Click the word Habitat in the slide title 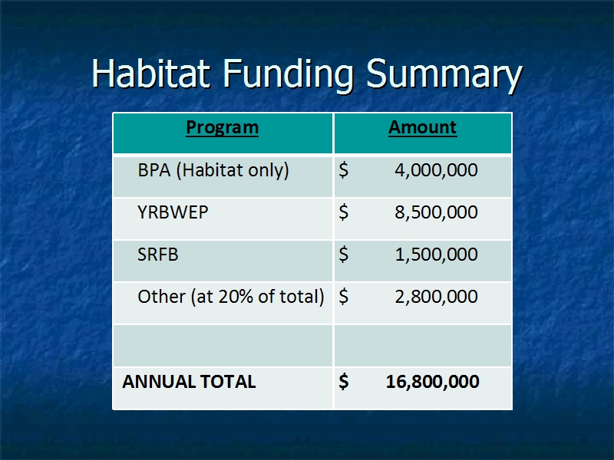click(x=150, y=73)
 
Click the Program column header click(x=222, y=127)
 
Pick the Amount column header click(x=423, y=127)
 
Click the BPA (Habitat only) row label click(x=213, y=170)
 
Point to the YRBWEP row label click(x=173, y=212)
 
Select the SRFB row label click(x=158, y=255)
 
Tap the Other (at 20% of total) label click(x=231, y=297)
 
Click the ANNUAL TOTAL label click(x=189, y=381)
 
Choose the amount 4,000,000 click(x=436, y=170)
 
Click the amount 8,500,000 click(x=436, y=212)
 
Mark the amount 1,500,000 click(x=436, y=255)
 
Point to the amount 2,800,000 click(x=436, y=297)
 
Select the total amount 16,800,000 click(x=433, y=382)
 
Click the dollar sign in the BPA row click(x=343, y=170)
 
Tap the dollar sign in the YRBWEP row click(x=343, y=212)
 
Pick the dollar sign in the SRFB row click(x=343, y=255)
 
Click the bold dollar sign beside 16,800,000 click(x=344, y=381)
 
